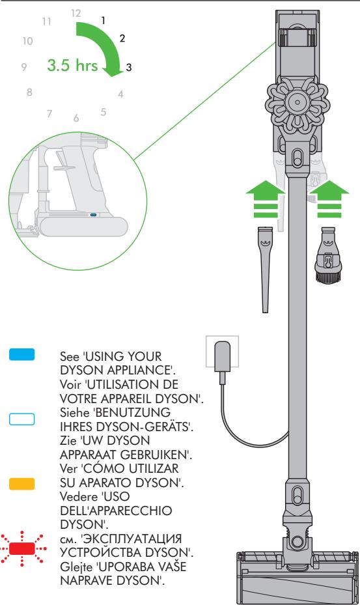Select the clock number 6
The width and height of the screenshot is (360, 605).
coord(76,119)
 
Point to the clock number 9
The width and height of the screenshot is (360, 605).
coord(23,66)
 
